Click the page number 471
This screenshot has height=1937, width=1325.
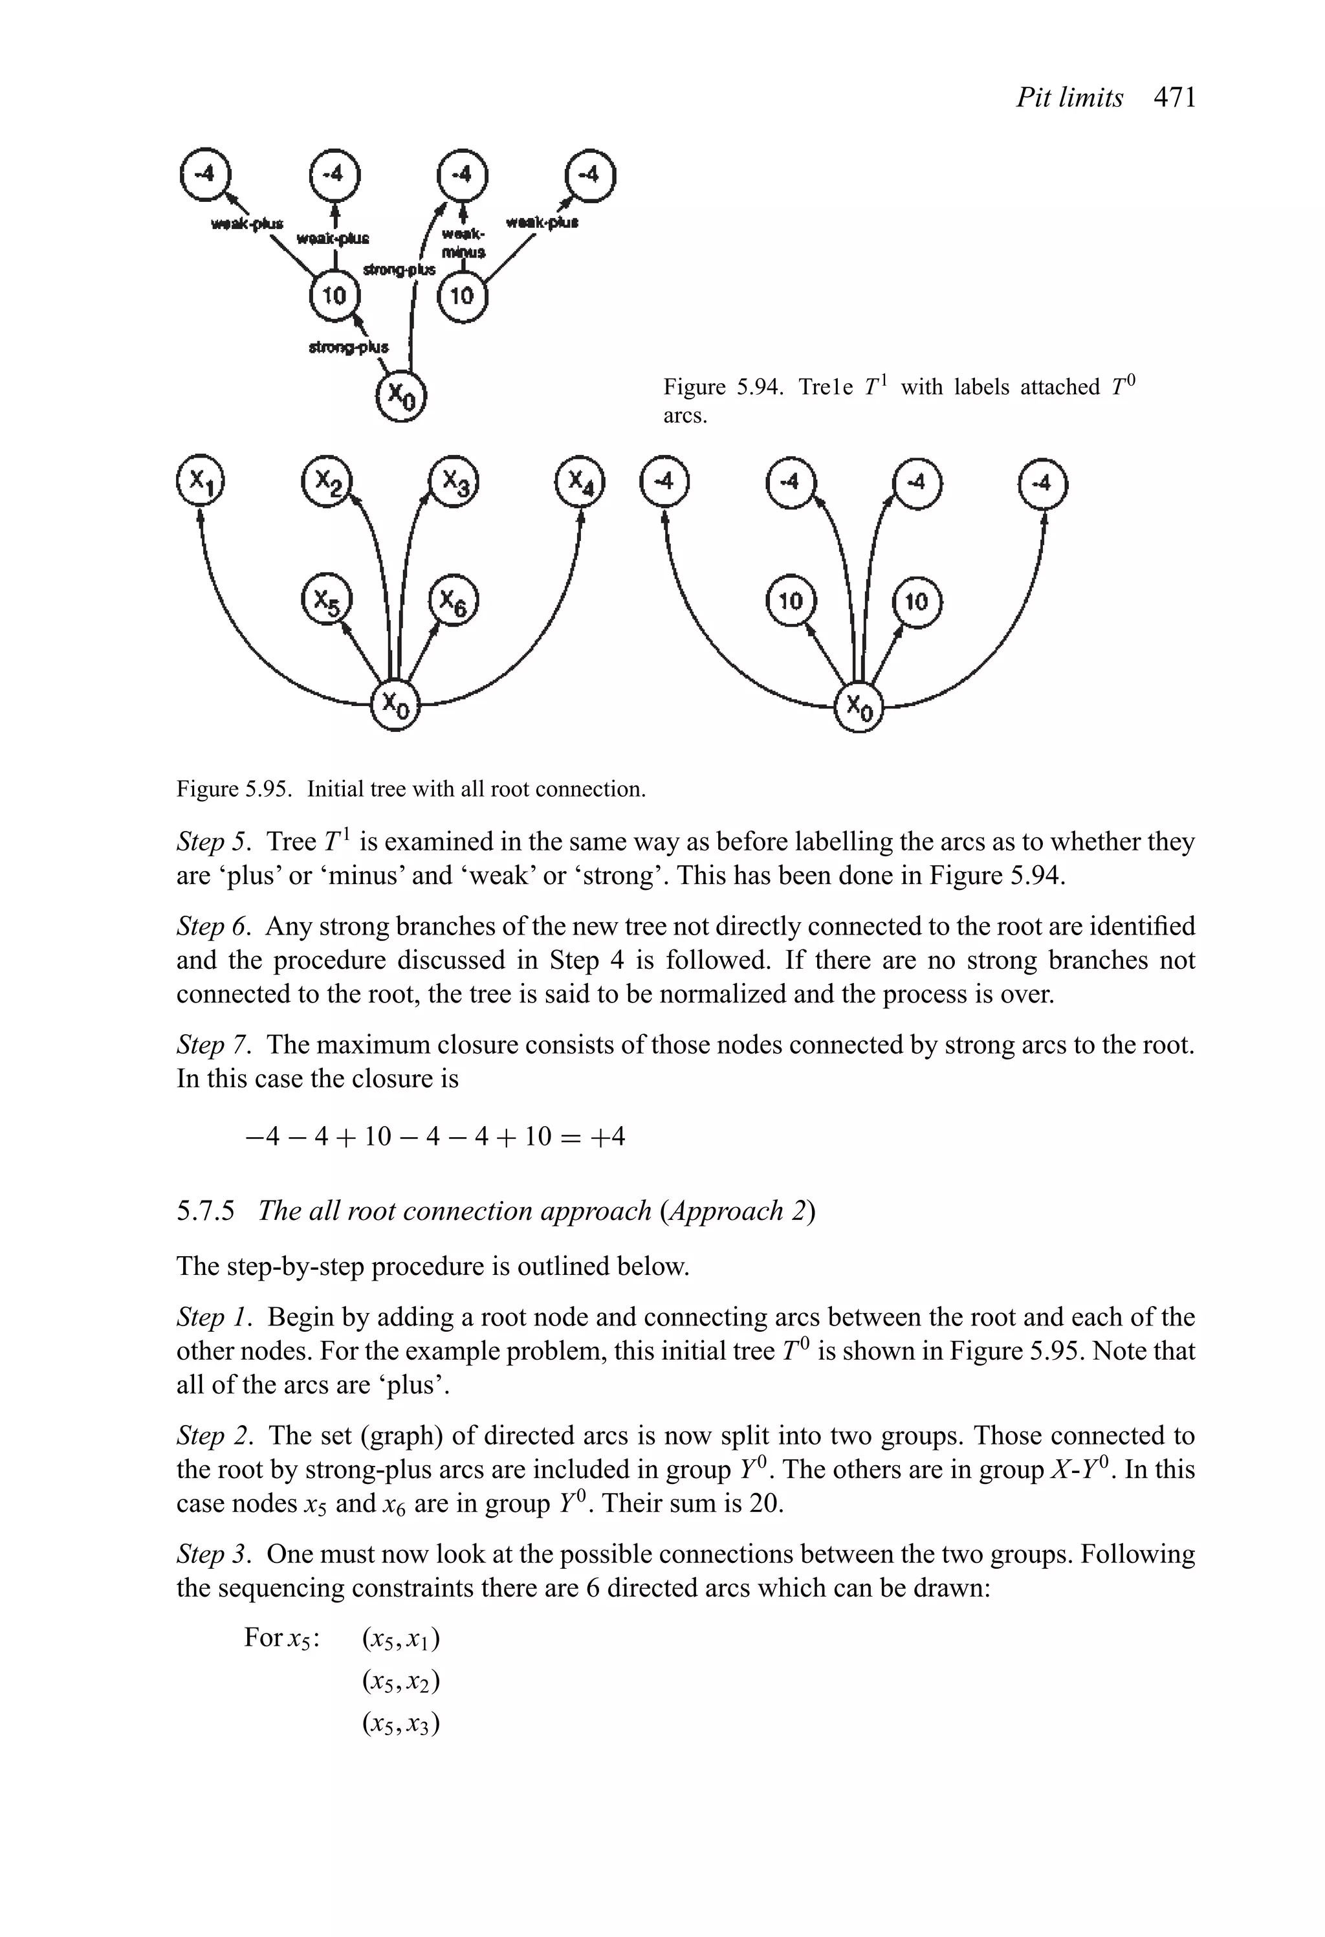click(1174, 98)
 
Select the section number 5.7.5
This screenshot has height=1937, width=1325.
click(206, 1211)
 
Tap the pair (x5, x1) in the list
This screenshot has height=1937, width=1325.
click(401, 1639)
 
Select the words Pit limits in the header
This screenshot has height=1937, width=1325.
click(1069, 98)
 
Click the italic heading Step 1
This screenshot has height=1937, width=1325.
click(212, 1318)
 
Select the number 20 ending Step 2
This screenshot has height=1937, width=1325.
click(761, 1503)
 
